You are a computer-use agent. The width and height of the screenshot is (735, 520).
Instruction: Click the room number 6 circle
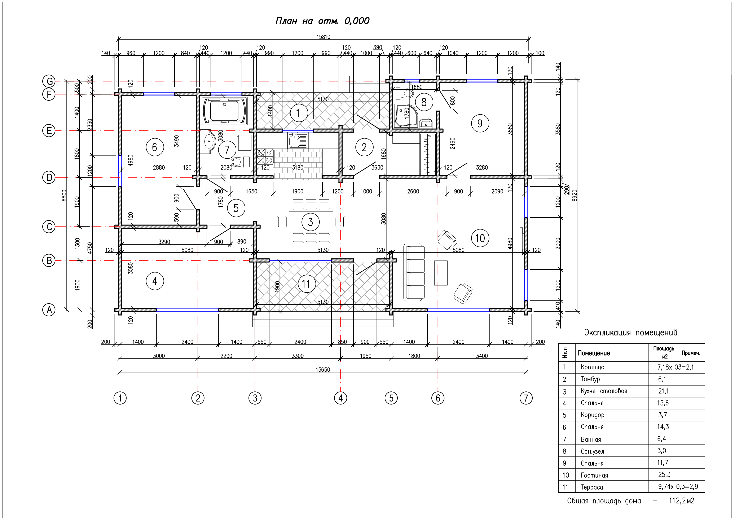[x=155, y=147]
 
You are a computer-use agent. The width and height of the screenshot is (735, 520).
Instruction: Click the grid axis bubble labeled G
[x=49, y=81]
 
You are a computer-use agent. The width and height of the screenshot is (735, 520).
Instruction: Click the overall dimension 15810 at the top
[x=323, y=37]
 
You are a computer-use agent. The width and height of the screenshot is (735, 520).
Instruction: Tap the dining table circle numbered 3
[x=311, y=222]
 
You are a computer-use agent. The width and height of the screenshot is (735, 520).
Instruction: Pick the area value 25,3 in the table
[x=664, y=474]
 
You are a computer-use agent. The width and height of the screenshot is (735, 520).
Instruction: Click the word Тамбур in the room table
[x=590, y=379]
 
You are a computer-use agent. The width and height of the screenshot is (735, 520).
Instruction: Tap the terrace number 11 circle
[x=306, y=284]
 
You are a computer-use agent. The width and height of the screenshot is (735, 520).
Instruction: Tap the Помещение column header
[x=594, y=353]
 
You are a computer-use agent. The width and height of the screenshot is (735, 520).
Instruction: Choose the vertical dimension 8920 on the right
[x=575, y=195]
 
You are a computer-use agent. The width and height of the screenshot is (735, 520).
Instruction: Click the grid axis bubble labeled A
[x=49, y=310]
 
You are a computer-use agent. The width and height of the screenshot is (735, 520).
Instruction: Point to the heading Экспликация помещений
[x=631, y=332]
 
